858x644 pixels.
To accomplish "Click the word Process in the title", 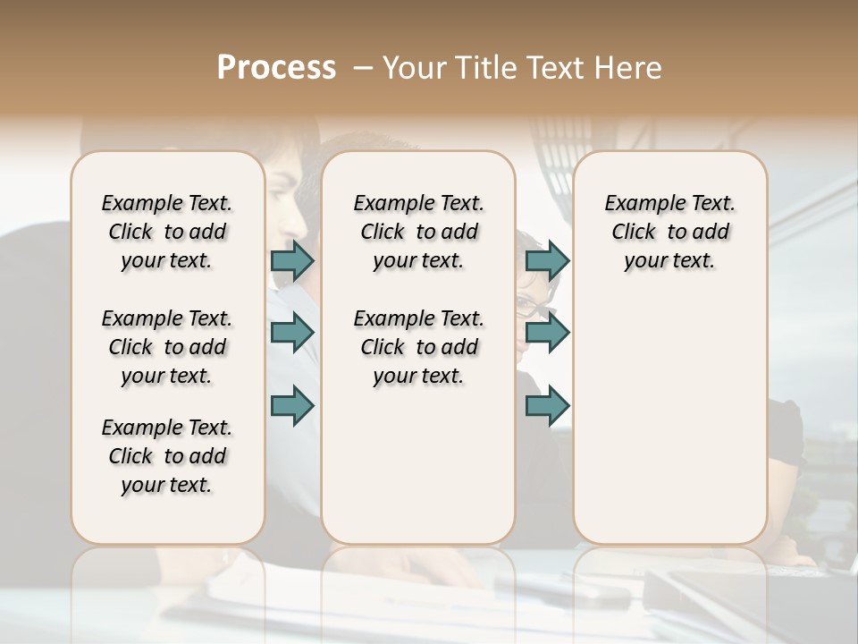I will coord(276,68).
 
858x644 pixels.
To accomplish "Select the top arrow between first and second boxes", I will coord(292,261).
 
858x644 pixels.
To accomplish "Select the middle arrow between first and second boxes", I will coord(292,333).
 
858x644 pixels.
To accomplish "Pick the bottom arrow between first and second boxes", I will coord(292,405).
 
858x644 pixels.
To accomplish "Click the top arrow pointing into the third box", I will coord(547,261).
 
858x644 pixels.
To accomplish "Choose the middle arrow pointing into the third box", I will coord(547,333).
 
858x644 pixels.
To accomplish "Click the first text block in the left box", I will coord(167,232).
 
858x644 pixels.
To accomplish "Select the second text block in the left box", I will coord(167,347).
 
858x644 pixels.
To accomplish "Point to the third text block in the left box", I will coord(167,456).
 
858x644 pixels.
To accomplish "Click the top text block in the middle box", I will coord(418,232).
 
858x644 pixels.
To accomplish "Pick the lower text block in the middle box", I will coord(418,347).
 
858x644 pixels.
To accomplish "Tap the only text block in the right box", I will coord(669,232).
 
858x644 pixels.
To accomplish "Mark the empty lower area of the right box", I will coord(669,420).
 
